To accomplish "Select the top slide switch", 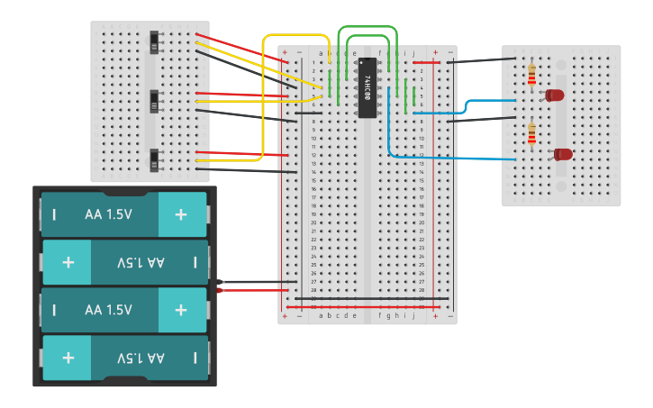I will pos(155,41).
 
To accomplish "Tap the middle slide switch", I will pos(155,101).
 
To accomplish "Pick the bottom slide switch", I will pos(155,159).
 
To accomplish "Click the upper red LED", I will pos(554,95).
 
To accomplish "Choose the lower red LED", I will pos(563,154).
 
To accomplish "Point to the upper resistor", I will pos(531,75).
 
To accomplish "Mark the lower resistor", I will pos(531,134).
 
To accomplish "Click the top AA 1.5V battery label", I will pos(108,214).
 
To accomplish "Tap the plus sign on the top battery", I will pos(181,214).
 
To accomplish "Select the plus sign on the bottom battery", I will pos(68,358).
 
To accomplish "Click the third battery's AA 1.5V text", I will pos(108,310).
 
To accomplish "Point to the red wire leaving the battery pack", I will pos(257,290).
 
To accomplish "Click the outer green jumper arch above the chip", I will pos(367,27).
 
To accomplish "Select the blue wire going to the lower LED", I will pos(450,158).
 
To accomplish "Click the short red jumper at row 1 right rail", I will pos(427,62).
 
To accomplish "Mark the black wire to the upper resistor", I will pos(482,61).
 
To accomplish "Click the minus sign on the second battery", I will pos(195,262).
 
